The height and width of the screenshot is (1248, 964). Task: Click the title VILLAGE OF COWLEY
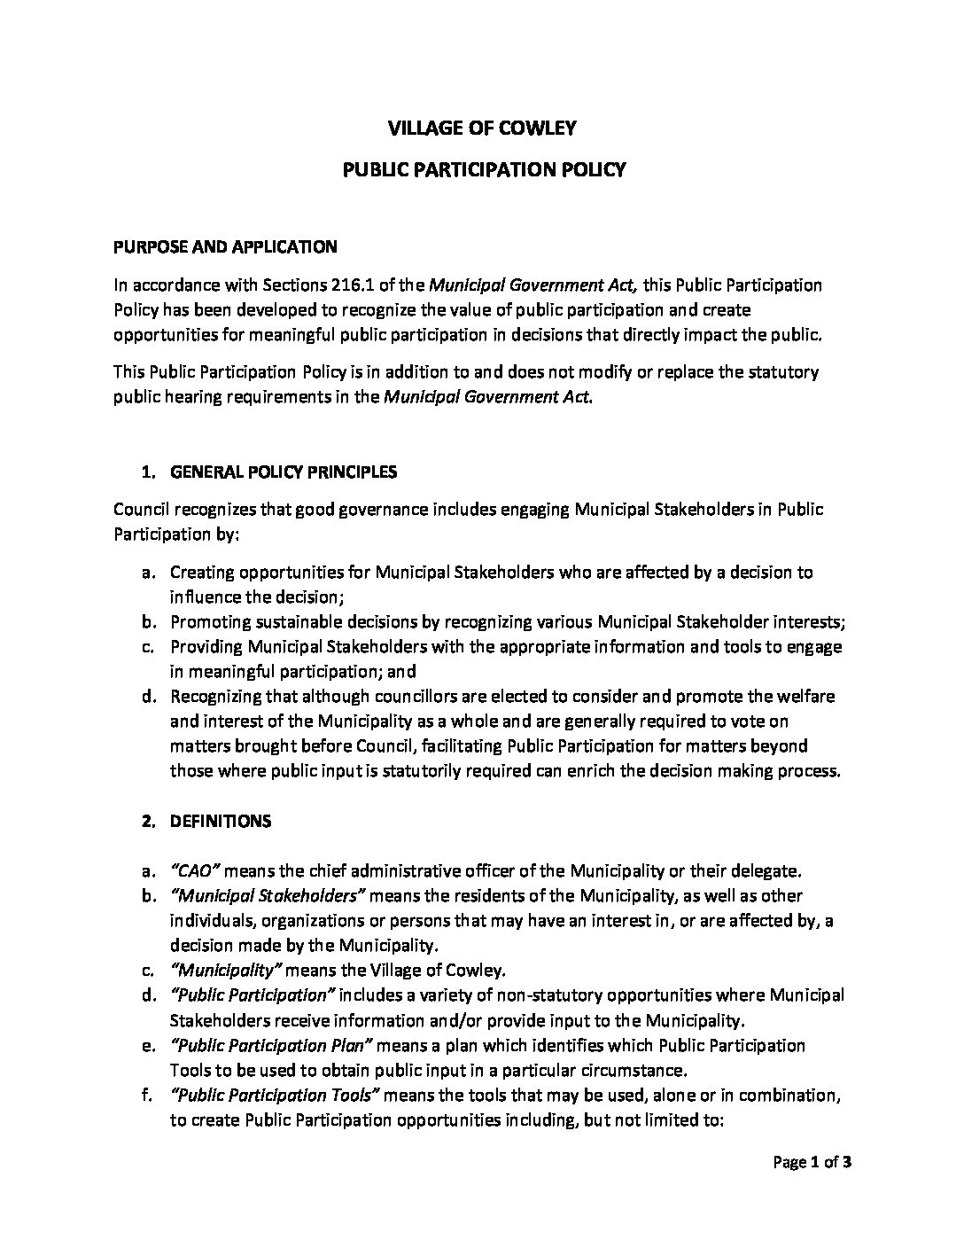pyautogui.click(x=482, y=129)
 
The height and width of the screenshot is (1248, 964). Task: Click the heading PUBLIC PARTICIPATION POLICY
pyautogui.click(x=484, y=169)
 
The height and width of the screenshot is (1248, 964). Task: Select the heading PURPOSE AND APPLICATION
pyautogui.click(x=225, y=247)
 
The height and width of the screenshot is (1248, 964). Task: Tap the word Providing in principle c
pyautogui.click(x=204, y=647)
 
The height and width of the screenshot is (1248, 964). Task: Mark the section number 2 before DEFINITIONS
pyautogui.click(x=146, y=822)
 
